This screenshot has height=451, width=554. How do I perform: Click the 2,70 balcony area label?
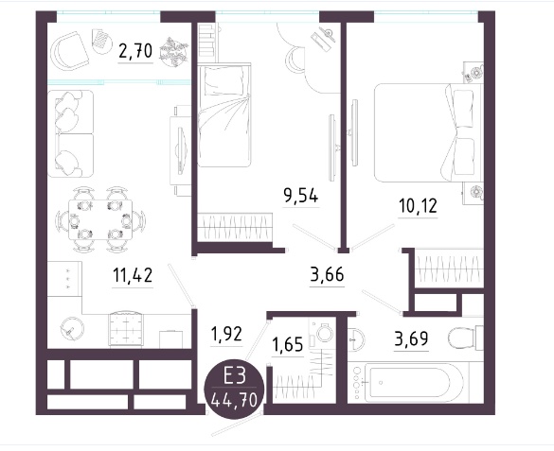(x=135, y=51)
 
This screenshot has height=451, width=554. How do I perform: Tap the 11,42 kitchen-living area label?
(x=133, y=275)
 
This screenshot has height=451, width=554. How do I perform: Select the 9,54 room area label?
(x=300, y=196)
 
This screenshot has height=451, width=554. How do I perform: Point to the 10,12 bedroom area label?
(x=418, y=206)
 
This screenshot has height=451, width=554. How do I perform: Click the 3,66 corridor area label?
(x=327, y=274)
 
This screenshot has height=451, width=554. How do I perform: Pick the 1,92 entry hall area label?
(x=226, y=334)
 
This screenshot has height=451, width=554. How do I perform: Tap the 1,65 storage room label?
(x=288, y=344)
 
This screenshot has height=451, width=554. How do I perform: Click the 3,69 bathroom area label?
(x=412, y=338)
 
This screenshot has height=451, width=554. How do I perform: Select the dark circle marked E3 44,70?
(x=235, y=388)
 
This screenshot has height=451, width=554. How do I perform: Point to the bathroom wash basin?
(x=356, y=339)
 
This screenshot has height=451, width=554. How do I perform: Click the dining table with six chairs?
(x=100, y=220)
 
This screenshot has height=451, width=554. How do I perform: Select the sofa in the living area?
(x=71, y=133)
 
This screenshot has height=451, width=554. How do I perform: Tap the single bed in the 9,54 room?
(x=224, y=115)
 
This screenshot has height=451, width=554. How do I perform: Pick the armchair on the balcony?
(x=69, y=51)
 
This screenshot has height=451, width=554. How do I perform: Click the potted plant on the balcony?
(x=173, y=52)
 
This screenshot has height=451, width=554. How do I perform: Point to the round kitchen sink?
(x=72, y=328)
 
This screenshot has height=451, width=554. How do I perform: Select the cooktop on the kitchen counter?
(x=127, y=328)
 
